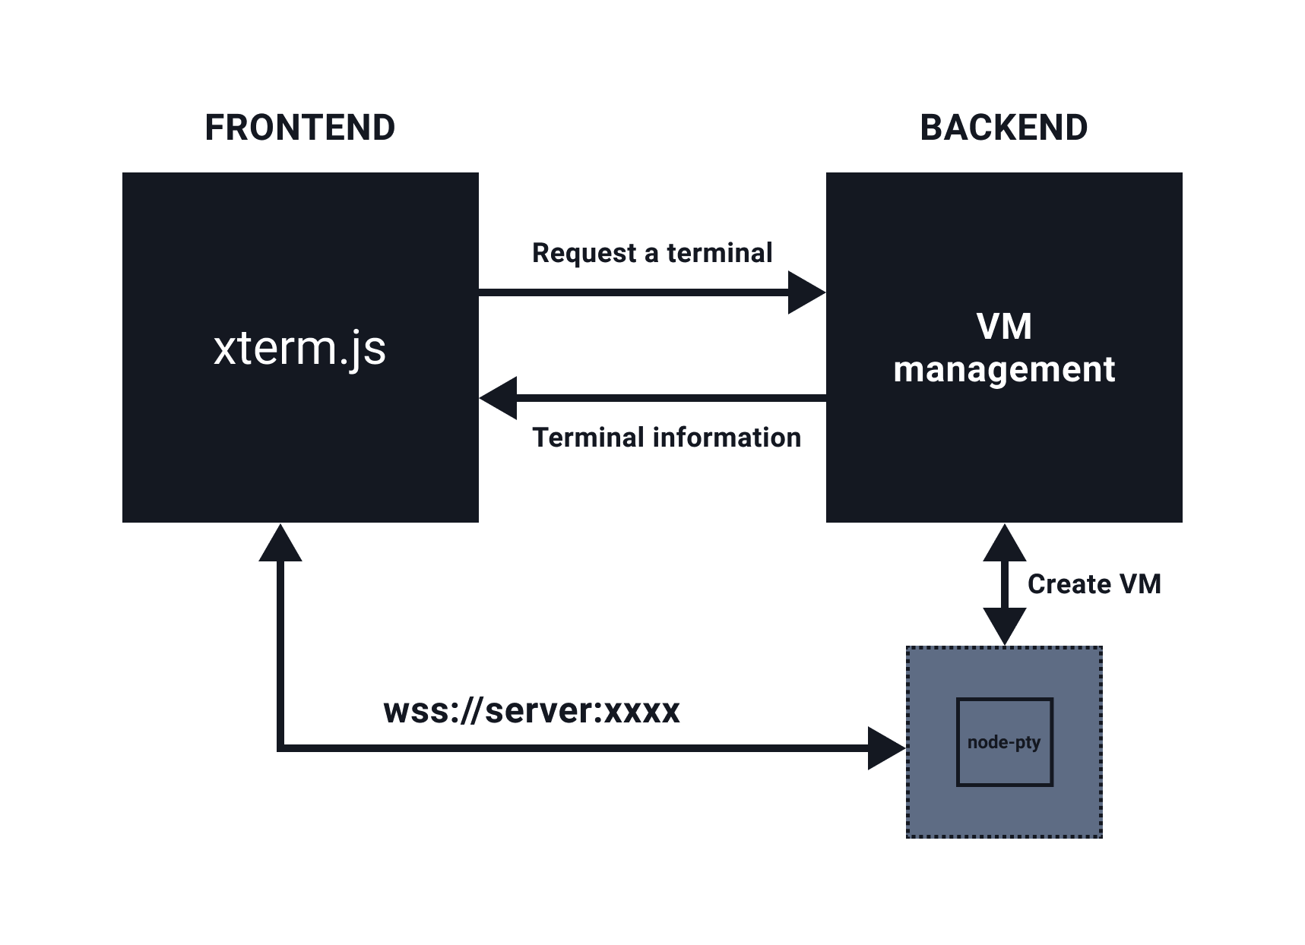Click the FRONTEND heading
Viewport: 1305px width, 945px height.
point(300,128)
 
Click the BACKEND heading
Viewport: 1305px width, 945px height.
point(1004,128)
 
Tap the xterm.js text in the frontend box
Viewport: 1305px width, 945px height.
point(300,349)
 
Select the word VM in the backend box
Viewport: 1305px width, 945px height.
point(1004,327)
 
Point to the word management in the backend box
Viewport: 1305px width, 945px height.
point(1004,370)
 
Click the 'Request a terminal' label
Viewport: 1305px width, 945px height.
point(652,253)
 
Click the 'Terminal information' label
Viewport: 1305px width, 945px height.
point(667,438)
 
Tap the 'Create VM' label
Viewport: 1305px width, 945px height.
point(1094,584)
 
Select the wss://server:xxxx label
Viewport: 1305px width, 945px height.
point(532,711)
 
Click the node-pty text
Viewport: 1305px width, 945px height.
point(1004,742)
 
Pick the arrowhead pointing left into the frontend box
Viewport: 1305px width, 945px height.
point(498,398)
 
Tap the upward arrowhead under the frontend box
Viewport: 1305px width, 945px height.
point(280,542)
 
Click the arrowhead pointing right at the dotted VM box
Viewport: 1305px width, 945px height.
point(887,748)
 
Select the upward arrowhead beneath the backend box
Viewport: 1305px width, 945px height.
point(1005,542)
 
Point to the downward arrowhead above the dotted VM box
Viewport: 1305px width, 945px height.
point(1005,627)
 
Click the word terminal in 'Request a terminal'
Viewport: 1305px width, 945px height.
point(720,253)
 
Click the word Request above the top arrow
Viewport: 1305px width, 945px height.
point(584,254)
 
